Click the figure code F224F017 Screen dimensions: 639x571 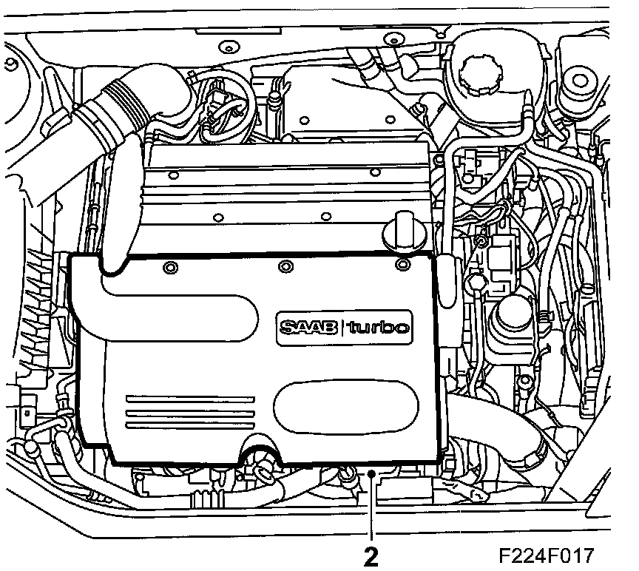coord(546,554)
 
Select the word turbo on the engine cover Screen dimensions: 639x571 coord(378,327)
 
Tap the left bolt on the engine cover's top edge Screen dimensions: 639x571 coord(171,266)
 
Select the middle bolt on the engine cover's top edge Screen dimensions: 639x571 coord(286,266)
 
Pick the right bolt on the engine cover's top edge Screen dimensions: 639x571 coord(402,263)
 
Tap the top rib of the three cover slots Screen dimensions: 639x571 coord(189,398)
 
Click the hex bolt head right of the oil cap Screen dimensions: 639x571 coord(474,283)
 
